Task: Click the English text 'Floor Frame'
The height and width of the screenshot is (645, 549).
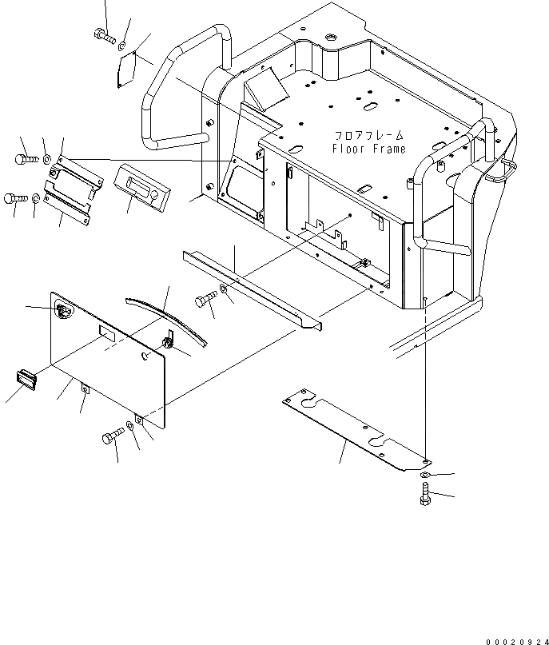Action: pyautogui.click(x=368, y=149)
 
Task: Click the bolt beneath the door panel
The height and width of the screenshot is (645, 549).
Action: pyautogui.click(x=112, y=436)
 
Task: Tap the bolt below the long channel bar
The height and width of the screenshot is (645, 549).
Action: pyautogui.click(x=203, y=302)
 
